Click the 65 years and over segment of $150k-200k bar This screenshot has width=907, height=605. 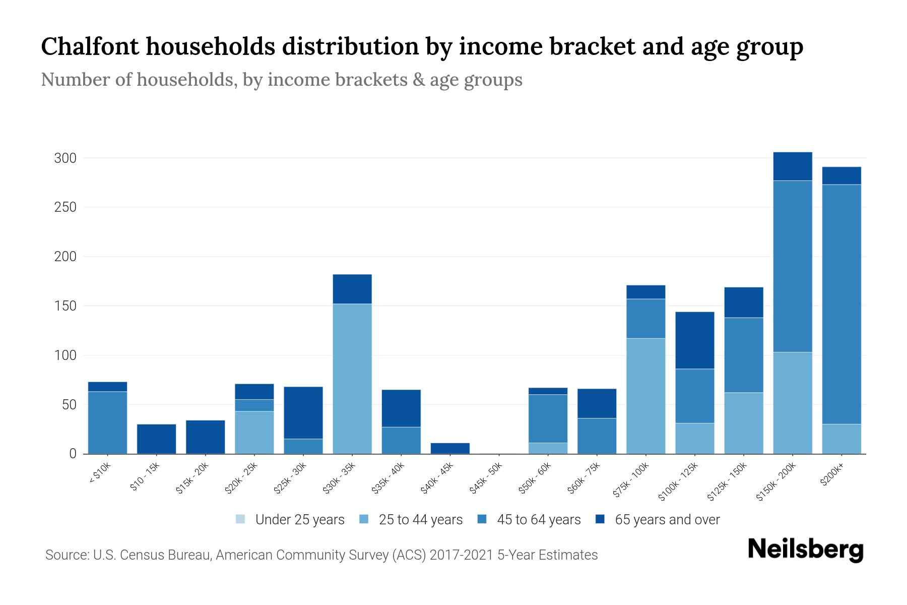(793, 166)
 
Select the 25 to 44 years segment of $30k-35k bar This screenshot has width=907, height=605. (352, 378)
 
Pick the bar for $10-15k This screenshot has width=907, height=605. (157, 439)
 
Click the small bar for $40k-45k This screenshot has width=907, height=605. (450, 448)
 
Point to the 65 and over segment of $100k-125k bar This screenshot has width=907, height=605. (695, 340)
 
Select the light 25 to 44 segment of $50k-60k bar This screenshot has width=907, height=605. (548, 448)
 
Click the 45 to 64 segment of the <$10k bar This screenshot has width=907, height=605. (107, 422)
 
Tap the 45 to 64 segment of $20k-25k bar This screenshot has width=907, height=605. (254, 405)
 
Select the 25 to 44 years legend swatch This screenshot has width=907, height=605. (364, 519)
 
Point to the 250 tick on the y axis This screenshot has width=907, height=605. (65, 207)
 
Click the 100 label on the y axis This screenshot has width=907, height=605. (65, 355)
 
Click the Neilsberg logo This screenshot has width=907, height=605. (806, 550)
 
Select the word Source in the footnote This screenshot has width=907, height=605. (67, 555)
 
